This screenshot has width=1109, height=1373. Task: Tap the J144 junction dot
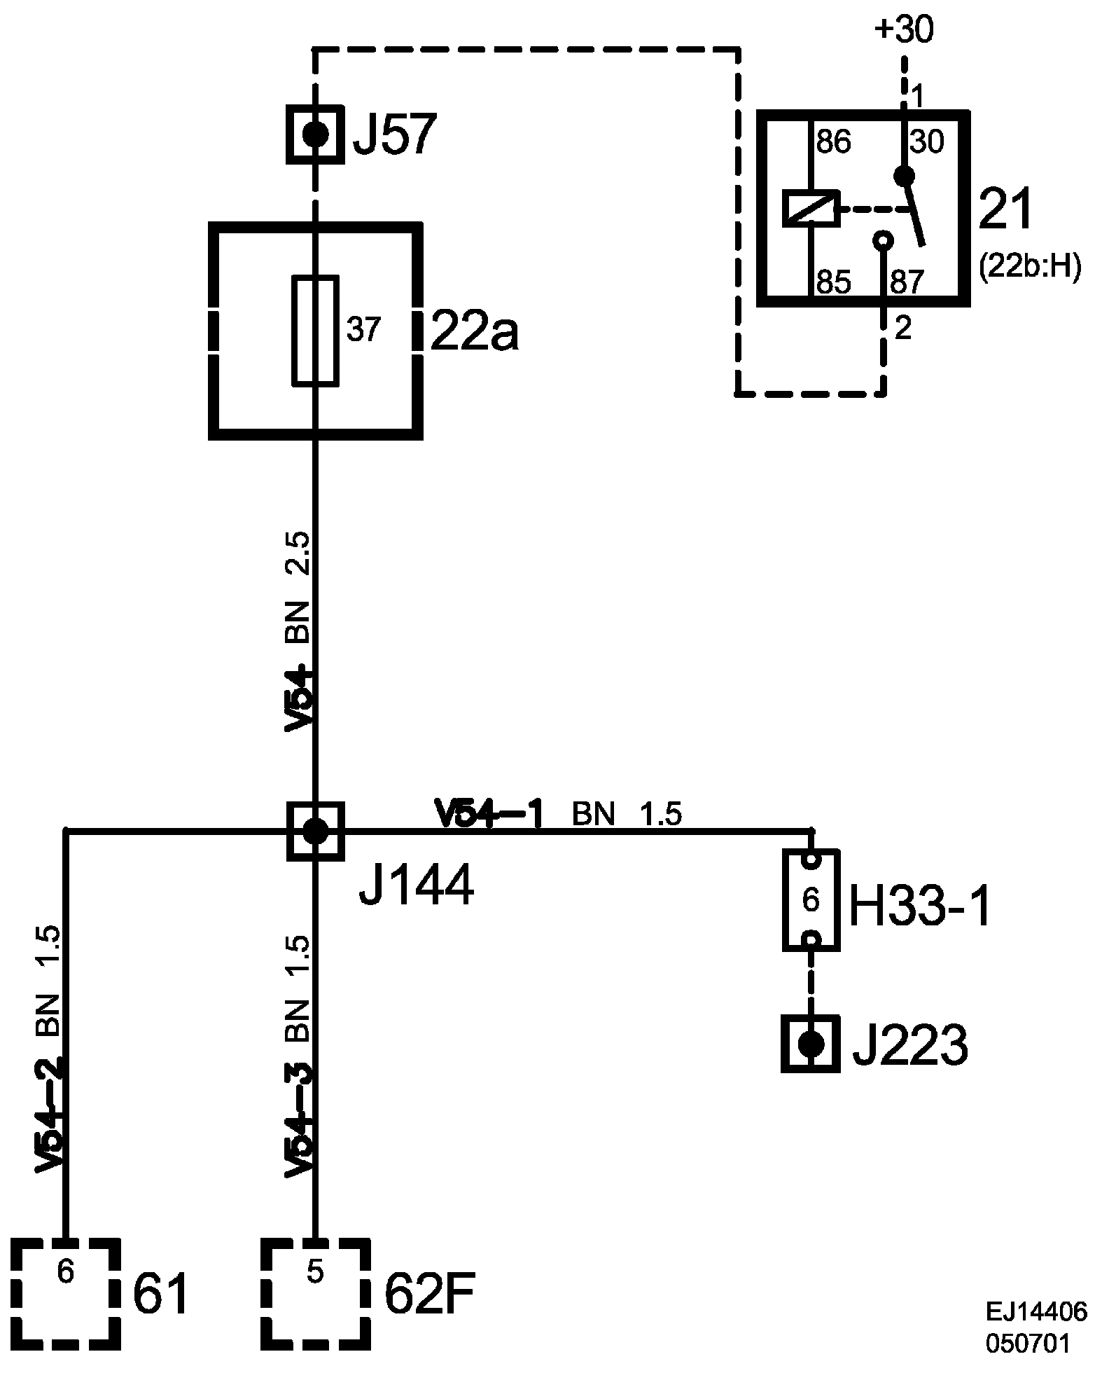315,832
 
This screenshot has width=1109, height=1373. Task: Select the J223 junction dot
811,1044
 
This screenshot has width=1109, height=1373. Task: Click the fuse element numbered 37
315,330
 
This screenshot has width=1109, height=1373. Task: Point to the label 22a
474,332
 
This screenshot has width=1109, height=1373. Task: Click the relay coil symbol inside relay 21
810,208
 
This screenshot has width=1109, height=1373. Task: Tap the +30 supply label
903,32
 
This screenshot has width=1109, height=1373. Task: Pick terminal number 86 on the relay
833,143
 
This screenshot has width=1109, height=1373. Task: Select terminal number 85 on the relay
833,282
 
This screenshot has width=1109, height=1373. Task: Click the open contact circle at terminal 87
884,241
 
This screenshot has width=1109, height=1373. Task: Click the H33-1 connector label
919,909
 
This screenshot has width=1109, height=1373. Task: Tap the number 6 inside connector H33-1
811,901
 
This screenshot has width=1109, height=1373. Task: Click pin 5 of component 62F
315,1273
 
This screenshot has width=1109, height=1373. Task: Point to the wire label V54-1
489,814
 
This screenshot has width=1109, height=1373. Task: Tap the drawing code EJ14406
1036,1311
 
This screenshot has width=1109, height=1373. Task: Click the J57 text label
394,135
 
